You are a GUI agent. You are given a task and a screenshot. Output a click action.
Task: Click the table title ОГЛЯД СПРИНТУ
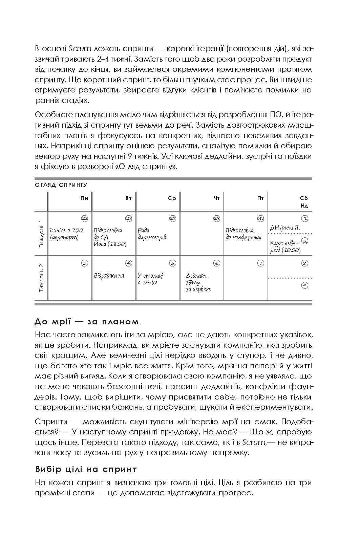pos(61,185)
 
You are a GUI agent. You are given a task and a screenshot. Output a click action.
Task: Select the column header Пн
pos(84,198)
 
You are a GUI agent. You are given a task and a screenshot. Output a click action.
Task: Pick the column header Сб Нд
pos(304,202)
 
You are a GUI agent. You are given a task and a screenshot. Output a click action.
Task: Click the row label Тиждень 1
pos(41,233)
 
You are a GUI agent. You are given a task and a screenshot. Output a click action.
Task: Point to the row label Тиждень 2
pos(41,278)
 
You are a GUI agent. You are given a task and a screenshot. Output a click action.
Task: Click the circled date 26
pos(85,218)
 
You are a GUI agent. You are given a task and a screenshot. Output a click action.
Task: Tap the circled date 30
pos(260,218)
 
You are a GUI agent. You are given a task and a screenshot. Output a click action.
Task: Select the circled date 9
pos(304,285)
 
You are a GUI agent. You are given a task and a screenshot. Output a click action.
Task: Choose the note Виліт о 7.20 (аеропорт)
pos(66,234)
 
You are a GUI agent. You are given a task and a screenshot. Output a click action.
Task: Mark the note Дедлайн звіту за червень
pos(198,282)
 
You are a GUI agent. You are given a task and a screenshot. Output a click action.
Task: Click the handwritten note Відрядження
pos(109,276)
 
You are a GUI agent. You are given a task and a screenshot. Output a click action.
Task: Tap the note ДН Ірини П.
pos(285,228)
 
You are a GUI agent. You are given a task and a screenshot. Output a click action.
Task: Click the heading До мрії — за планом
pos(87,321)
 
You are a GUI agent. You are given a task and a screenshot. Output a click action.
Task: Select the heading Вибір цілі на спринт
pos(86,469)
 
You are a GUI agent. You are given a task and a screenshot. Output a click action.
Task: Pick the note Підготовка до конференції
pos(243,234)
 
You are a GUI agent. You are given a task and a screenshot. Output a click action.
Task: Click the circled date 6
pos(217,263)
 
